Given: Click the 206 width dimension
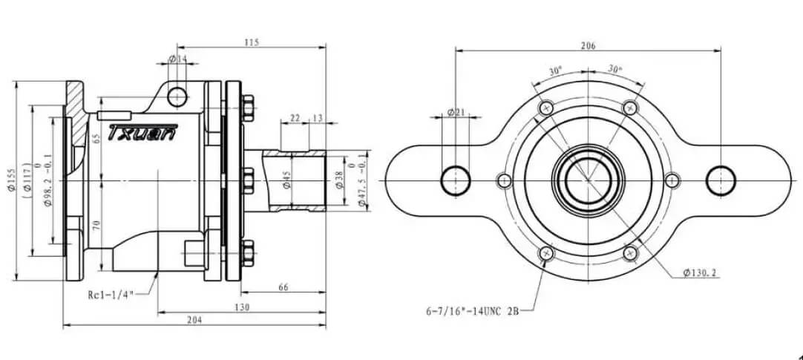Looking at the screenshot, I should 588,45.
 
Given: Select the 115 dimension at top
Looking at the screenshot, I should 251,43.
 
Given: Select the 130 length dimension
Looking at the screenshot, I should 240,306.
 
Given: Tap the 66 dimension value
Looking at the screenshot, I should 283,287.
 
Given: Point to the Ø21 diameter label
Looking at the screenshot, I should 455,112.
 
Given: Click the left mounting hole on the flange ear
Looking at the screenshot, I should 455,180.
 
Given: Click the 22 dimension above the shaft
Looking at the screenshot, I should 295,118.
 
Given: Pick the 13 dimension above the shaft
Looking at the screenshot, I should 318,118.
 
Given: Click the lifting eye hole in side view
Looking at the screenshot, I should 177,96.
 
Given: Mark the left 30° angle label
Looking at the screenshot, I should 555,71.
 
